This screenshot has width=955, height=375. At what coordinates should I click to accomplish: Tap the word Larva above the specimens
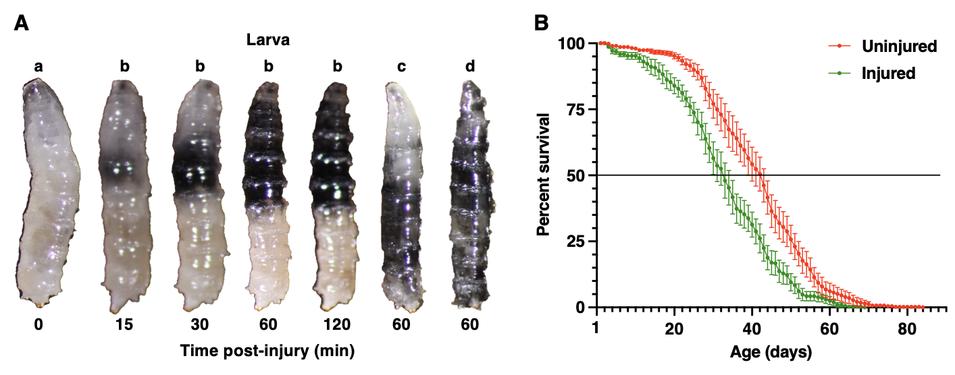[x=267, y=40]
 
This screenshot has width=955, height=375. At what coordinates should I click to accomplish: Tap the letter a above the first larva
[x=39, y=66]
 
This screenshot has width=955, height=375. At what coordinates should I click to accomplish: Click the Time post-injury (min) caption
[x=267, y=351]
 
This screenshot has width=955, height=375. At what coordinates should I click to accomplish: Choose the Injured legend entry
[x=888, y=73]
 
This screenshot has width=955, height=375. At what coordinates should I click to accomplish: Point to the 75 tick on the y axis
[x=577, y=110]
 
